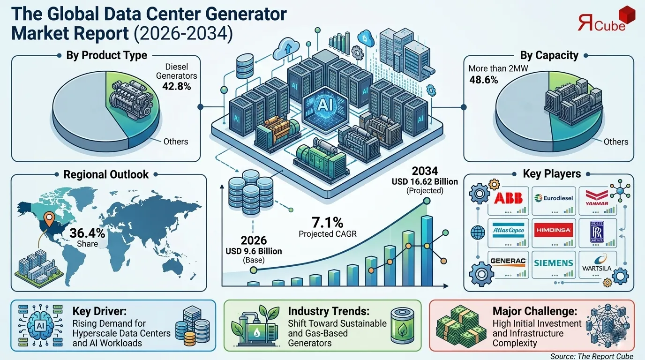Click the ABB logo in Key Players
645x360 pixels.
(x=508, y=197)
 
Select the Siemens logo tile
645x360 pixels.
(x=554, y=262)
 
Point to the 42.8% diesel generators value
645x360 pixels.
(x=176, y=86)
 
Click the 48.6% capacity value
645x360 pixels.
(x=483, y=80)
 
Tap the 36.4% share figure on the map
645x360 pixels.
(x=87, y=233)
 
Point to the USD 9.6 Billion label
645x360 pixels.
(x=254, y=251)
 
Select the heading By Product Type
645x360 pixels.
(x=107, y=55)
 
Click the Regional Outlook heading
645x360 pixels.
(x=106, y=174)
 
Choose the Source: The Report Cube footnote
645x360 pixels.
(x=592, y=356)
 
